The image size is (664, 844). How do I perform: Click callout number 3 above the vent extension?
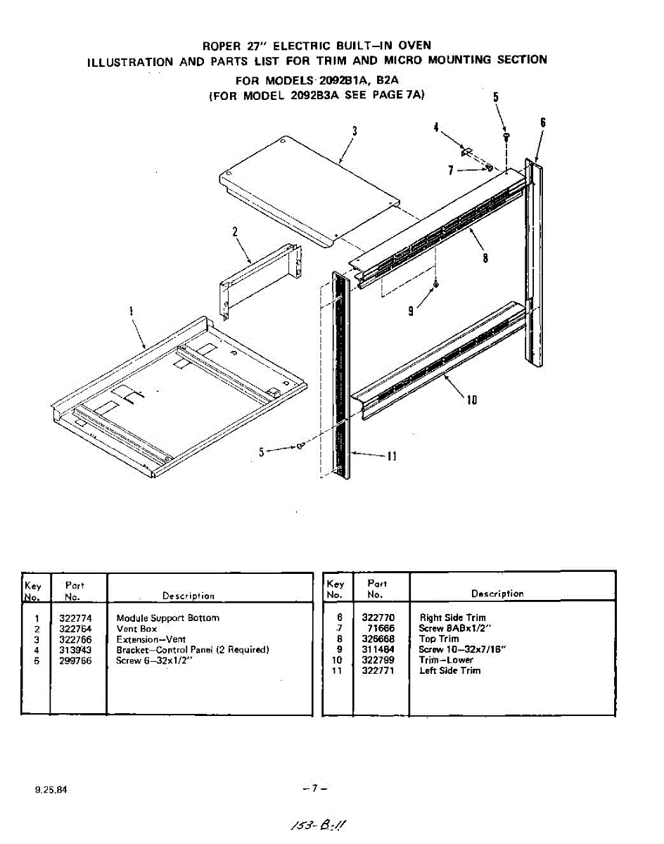[355, 130]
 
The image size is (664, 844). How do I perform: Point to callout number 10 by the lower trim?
[472, 399]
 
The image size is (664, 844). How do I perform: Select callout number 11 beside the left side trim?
[392, 456]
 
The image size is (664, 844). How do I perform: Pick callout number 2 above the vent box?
[235, 231]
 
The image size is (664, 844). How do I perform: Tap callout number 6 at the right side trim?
[543, 122]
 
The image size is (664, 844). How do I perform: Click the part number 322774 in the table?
[75, 618]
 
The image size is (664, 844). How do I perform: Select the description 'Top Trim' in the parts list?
[439, 639]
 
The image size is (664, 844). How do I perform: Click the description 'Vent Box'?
[136, 628]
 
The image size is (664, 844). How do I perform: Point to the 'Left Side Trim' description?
[449, 670]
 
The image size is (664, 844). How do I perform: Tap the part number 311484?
[378, 649]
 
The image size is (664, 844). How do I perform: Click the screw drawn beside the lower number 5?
[301, 447]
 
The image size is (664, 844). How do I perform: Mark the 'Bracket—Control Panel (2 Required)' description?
[192, 649]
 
